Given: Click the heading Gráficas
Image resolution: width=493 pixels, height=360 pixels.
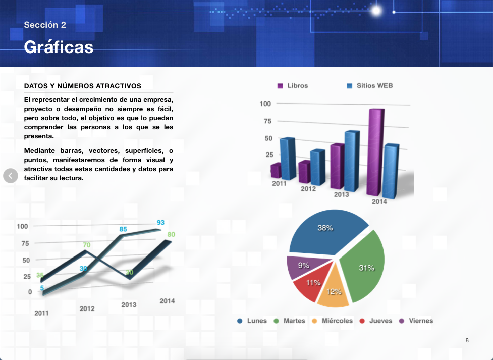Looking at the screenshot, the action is [x=59, y=47].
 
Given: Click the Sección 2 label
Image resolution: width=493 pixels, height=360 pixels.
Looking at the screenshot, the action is [x=45, y=25].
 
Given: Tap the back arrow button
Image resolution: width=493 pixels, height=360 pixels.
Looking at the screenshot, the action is [x=11, y=176].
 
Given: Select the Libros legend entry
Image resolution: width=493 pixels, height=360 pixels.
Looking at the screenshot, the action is [x=293, y=86].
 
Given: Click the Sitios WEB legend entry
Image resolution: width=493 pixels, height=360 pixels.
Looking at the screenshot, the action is [x=370, y=86].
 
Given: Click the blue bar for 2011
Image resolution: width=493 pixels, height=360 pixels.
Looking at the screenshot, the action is [x=288, y=158].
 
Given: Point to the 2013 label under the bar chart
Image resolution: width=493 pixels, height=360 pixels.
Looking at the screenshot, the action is [x=342, y=194].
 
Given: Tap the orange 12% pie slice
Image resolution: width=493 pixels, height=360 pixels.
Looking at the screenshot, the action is [x=334, y=290].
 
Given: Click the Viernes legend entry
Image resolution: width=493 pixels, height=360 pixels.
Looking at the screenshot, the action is [x=416, y=321].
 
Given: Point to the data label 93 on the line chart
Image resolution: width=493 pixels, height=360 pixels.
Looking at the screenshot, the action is [x=160, y=222].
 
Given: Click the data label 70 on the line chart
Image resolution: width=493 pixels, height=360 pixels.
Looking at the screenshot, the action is [x=87, y=245].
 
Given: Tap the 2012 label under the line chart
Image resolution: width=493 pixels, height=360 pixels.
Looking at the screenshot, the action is [x=87, y=308].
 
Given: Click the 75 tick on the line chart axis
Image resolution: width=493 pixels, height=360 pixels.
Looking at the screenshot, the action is [x=25, y=243].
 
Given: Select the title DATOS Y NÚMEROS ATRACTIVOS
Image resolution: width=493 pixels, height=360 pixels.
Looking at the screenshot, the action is [x=83, y=86].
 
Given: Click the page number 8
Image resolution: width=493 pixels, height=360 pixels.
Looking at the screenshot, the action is [x=467, y=340].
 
